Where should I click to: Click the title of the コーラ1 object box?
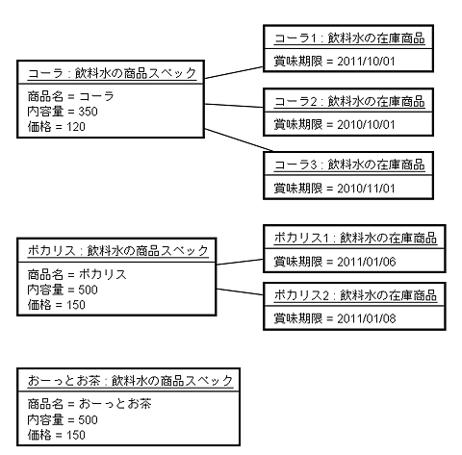[x=349, y=38]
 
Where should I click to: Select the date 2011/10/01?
[x=366, y=62]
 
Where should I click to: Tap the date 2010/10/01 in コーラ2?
[x=366, y=124]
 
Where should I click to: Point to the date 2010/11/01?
[x=366, y=189]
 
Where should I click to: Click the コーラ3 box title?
[x=349, y=165]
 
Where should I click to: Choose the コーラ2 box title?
[x=349, y=102]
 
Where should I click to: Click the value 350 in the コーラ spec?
[x=88, y=112]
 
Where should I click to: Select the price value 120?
[x=76, y=127]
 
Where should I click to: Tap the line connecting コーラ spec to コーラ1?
[x=234, y=72]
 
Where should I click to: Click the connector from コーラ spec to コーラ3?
[x=239, y=140]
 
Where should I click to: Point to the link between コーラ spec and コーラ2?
[x=234, y=106]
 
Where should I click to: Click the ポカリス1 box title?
[x=355, y=239]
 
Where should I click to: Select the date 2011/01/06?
[x=367, y=262]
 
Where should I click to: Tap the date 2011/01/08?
[x=367, y=318]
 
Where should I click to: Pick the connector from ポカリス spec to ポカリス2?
[x=240, y=291]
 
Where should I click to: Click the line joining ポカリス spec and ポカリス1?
[x=240, y=262]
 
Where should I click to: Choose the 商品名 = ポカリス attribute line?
[x=77, y=274]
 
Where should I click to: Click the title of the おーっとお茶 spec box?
[x=130, y=381]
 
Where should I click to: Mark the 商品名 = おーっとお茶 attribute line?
[x=90, y=404]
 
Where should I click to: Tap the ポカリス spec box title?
[x=118, y=250]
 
